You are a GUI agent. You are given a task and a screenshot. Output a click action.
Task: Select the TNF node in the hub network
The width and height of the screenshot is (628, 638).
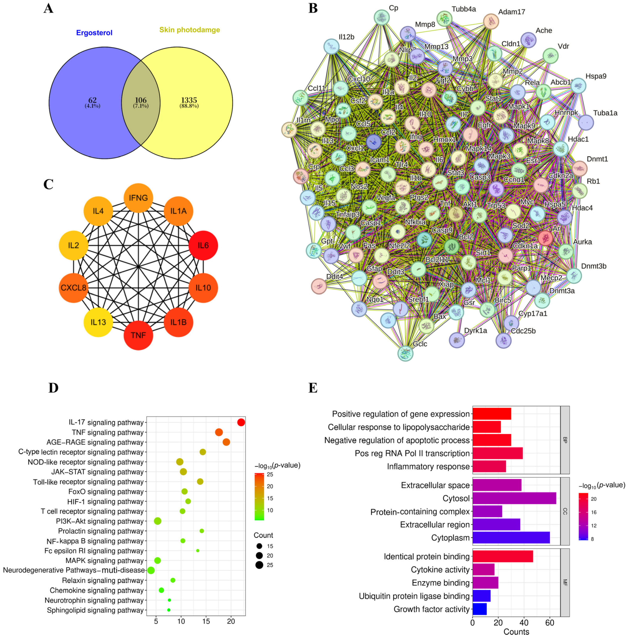point(138,335)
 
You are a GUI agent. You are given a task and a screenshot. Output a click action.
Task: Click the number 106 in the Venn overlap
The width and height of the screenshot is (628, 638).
point(141,100)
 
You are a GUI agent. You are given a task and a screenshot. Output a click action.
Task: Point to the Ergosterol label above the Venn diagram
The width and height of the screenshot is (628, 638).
point(94,33)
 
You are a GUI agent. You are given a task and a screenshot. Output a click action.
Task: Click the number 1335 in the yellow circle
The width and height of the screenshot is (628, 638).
point(189,100)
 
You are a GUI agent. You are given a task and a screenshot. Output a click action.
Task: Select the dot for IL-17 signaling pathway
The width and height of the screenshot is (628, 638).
point(241,422)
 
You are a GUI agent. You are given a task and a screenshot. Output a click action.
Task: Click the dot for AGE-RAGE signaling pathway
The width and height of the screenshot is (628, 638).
point(226,442)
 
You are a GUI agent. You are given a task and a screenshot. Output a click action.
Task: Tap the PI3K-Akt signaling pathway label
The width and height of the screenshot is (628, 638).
point(100,521)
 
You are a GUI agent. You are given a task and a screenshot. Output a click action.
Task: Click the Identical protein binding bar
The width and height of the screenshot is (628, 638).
point(503,557)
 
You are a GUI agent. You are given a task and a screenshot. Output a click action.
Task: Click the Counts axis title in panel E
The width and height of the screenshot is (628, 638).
point(516,632)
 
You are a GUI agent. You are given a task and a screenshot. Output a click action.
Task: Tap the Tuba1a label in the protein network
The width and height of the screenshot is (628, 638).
point(605,113)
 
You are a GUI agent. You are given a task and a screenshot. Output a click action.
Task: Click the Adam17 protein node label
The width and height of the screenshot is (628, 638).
point(512,12)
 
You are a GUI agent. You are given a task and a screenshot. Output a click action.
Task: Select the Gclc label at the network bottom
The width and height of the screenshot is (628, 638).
point(420,344)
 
